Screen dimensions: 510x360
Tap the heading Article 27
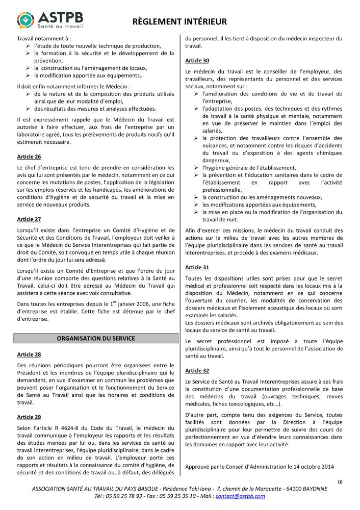(x=29, y=219)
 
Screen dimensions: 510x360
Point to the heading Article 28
(x=29, y=354)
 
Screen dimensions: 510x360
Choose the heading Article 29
(x=29, y=417)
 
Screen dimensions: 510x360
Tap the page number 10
(x=340, y=481)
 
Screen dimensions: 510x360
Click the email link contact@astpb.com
(x=240, y=496)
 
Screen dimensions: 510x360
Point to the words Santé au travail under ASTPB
(x=61, y=25)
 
